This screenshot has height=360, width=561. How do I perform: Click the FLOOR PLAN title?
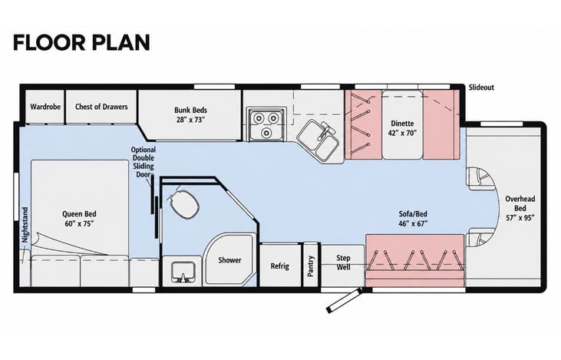[x=81, y=42]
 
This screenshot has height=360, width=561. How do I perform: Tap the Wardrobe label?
[x=45, y=107]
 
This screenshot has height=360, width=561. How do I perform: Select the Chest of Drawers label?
[x=101, y=107]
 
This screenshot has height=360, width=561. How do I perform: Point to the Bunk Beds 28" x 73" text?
[x=190, y=115]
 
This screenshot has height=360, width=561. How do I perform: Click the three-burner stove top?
[x=266, y=124]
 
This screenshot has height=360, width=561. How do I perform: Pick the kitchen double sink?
[x=318, y=140]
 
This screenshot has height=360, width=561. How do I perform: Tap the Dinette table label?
[x=402, y=128]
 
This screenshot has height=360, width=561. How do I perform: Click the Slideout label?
[x=481, y=88]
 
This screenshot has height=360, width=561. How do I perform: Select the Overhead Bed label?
[x=520, y=208]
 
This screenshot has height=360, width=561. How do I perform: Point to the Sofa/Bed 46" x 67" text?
[x=413, y=219]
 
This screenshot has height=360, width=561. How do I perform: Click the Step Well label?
[x=343, y=263]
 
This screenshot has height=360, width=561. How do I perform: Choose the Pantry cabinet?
[x=311, y=265]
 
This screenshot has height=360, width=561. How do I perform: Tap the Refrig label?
[x=280, y=266]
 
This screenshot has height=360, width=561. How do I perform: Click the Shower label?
[x=229, y=260]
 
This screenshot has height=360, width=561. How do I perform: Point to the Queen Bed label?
[x=79, y=219]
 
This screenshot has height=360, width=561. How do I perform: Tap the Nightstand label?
[x=25, y=225]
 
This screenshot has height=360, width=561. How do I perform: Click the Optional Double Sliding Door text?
[x=143, y=162]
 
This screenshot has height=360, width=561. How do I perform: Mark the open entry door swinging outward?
[x=343, y=301]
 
